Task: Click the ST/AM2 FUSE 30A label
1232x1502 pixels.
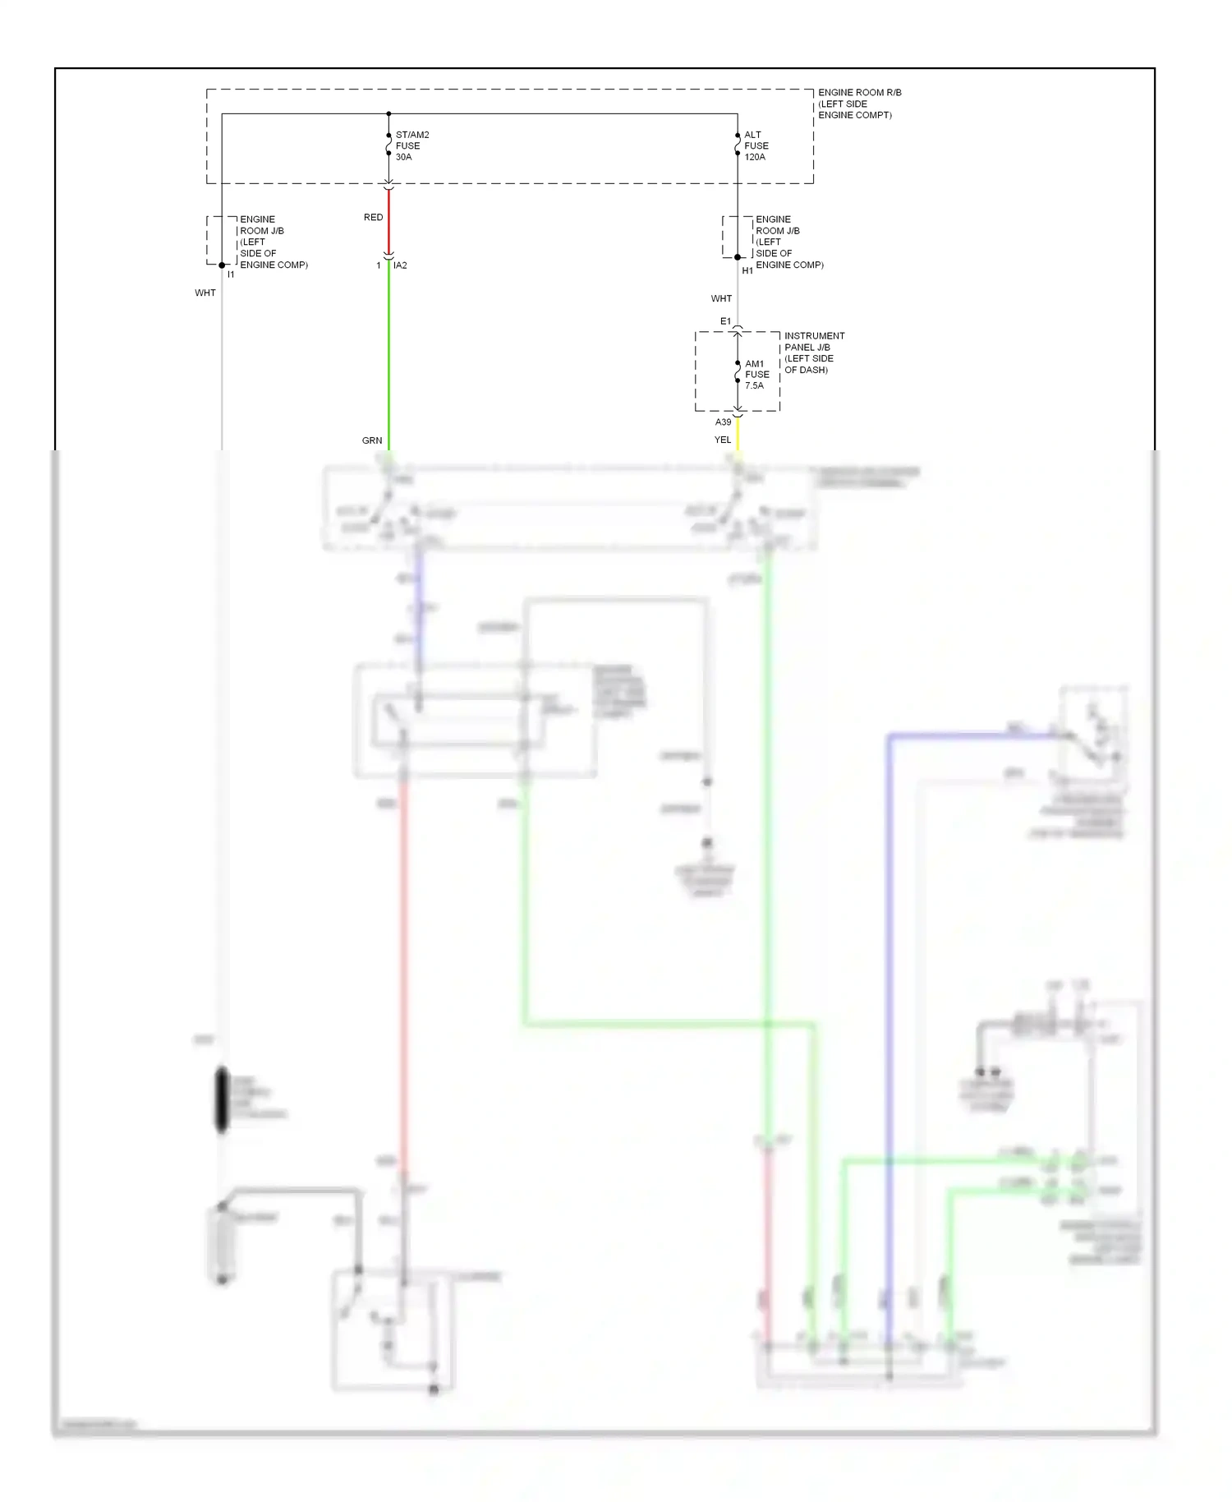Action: pos(411,145)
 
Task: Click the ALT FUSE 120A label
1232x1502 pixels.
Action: pos(756,145)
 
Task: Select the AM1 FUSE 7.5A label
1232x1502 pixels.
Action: pos(756,375)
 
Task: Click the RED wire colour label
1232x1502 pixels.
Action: pos(373,218)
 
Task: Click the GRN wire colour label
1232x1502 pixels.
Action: pos(372,440)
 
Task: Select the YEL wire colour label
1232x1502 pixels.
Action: pos(722,440)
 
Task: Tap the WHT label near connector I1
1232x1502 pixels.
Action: pos(205,293)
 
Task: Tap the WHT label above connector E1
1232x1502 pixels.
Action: pos(721,298)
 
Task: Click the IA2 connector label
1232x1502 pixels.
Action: pos(400,265)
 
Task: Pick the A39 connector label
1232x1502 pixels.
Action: pos(723,422)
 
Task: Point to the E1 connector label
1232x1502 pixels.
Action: pos(725,321)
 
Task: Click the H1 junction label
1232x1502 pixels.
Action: pos(747,270)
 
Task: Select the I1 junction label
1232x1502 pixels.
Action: pos(231,274)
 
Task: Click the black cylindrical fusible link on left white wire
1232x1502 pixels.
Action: pos(222,1099)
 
